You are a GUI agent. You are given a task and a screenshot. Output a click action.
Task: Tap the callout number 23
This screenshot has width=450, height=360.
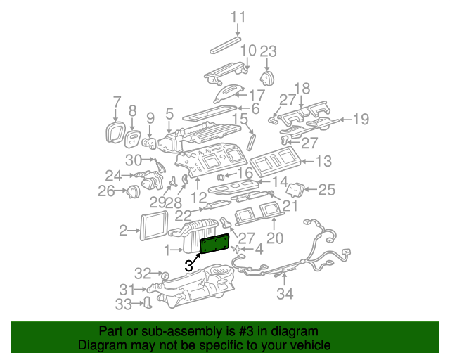[x=269, y=51]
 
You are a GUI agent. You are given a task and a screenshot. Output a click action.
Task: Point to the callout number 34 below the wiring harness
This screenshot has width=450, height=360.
[x=284, y=294]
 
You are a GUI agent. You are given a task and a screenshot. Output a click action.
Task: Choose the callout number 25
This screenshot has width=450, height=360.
[x=328, y=189]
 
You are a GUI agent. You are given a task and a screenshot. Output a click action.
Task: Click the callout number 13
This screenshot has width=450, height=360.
[x=323, y=162]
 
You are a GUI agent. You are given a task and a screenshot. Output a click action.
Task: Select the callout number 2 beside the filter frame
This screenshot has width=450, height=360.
[x=123, y=230]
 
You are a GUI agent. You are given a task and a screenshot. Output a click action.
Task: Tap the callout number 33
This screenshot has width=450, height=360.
[x=124, y=304]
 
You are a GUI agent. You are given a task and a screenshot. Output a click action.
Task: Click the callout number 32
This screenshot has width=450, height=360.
[x=143, y=273]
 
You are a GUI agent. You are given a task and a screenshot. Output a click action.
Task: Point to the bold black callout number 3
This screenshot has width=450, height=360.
[x=188, y=266]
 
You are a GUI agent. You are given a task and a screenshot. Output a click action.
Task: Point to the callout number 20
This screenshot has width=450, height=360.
[x=274, y=237]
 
